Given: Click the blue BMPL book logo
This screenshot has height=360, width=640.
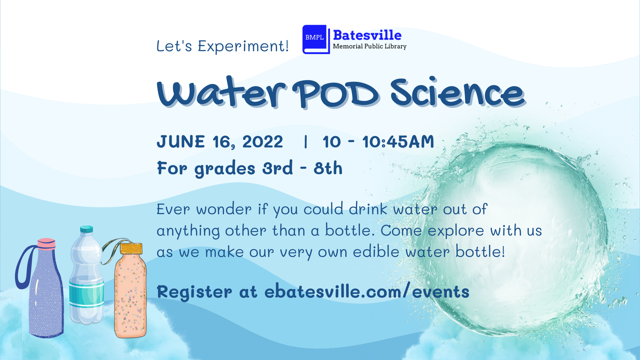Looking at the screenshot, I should tap(315, 39).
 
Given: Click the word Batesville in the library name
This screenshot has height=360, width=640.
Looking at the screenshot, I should tap(367, 35).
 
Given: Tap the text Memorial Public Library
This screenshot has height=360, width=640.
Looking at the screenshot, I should tap(369, 47).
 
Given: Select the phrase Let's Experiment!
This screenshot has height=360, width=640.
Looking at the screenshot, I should tap(222, 46).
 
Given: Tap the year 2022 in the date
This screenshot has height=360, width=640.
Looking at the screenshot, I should tap(263, 142).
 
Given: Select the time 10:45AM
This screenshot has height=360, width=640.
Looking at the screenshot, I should tap(398, 142).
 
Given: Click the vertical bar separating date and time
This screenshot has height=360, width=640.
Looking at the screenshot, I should tap(306, 142).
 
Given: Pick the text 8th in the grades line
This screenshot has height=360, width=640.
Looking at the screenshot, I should tap(328, 168).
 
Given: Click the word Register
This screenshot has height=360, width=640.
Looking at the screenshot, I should tap(194, 292).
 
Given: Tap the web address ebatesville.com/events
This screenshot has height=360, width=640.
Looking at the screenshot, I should tap(367, 292).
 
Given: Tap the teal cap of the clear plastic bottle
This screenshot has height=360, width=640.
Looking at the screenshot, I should tap(87, 229).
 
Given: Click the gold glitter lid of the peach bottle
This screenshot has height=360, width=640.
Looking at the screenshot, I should tap(131, 249).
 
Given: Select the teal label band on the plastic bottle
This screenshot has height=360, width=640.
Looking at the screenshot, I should tap(86, 294).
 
